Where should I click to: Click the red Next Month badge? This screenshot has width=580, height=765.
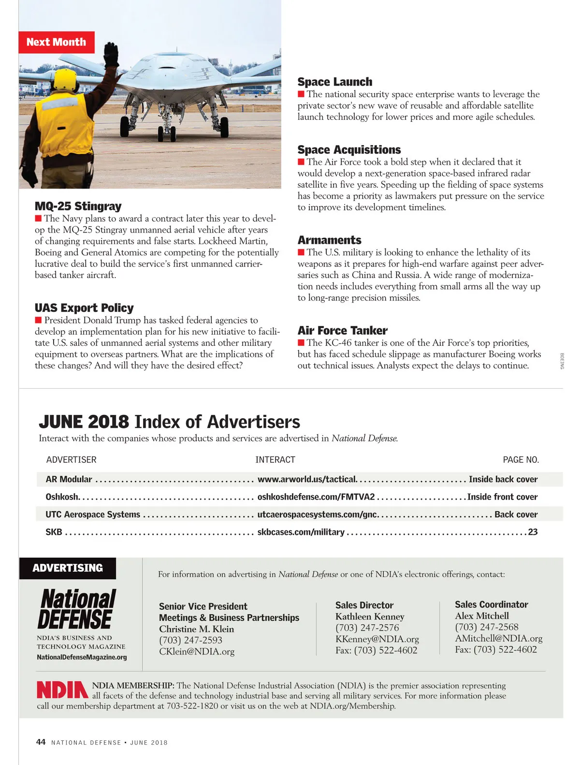point(57,42)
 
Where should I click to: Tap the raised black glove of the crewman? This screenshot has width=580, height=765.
point(111,55)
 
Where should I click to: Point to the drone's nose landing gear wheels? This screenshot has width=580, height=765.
point(167,133)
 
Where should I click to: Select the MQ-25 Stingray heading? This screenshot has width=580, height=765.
point(78,206)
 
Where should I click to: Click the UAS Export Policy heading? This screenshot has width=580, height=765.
point(84,308)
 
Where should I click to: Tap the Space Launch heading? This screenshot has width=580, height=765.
point(334,82)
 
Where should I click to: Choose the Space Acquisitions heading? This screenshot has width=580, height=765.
point(349,150)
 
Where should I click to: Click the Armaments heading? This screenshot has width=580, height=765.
point(329,240)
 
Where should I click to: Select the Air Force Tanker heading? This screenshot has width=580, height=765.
point(342,331)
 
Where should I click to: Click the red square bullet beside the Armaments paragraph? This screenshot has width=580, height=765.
point(301,252)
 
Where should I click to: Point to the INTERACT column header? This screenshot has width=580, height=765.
point(275,460)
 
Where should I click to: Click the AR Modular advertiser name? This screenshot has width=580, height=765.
point(69,479)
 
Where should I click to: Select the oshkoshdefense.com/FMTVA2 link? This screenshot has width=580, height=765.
point(316,497)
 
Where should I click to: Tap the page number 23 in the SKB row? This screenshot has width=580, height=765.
point(533,532)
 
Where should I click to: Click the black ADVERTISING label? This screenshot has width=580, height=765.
point(68,568)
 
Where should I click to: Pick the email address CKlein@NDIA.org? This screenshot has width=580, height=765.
point(197,651)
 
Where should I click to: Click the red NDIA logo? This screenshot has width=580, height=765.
point(62,690)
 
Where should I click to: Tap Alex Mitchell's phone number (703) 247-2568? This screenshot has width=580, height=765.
point(486,627)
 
